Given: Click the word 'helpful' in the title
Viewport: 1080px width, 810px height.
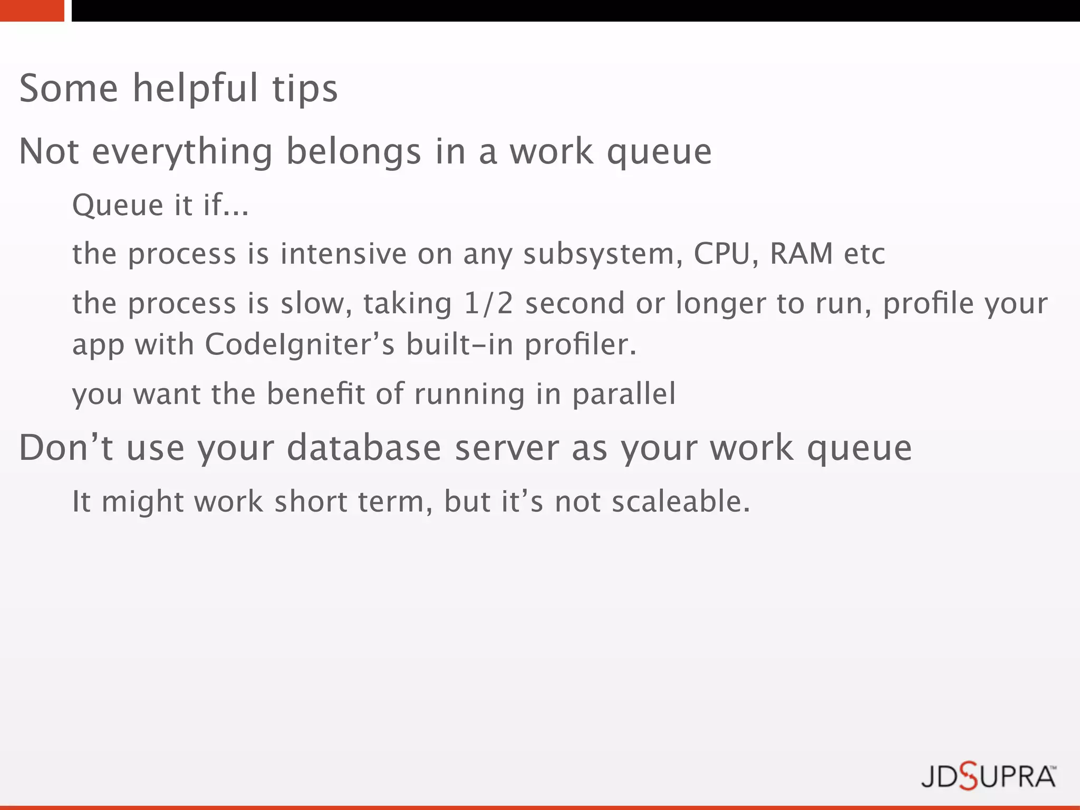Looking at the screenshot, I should pyautogui.click(x=195, y=89).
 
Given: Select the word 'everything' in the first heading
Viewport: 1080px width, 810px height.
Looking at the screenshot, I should pyautogui.click(x=182, y=152).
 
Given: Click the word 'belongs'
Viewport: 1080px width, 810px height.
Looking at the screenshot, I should pyautogui.click(x=353, y=152).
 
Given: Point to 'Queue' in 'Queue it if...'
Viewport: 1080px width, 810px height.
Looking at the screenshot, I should pyautogui.click(x=117, y=205).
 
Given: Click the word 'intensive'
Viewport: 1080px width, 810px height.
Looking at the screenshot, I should pyautogui.click(x=343, y=254).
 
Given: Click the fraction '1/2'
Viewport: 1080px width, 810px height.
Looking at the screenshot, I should pyautogui.click(x=488, y=303).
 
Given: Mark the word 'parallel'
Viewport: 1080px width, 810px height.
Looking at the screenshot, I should pyautogui.click(x=623, y=394).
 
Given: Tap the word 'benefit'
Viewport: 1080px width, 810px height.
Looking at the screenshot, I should pyautogui.click(x=315, y=394).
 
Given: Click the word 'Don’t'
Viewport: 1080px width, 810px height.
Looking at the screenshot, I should pyautogui.click(x=66, y=448).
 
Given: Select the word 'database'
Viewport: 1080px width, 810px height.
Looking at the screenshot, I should pyautogui.click(x=363, y=448).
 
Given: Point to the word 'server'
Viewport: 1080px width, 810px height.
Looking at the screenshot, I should pyautogui.click(x=506, y=448).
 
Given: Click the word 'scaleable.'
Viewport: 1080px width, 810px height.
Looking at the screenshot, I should pyautogui.click(x=680, y=502).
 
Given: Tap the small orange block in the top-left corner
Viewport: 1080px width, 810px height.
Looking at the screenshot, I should pyautogui.click(x=32, y=11).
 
